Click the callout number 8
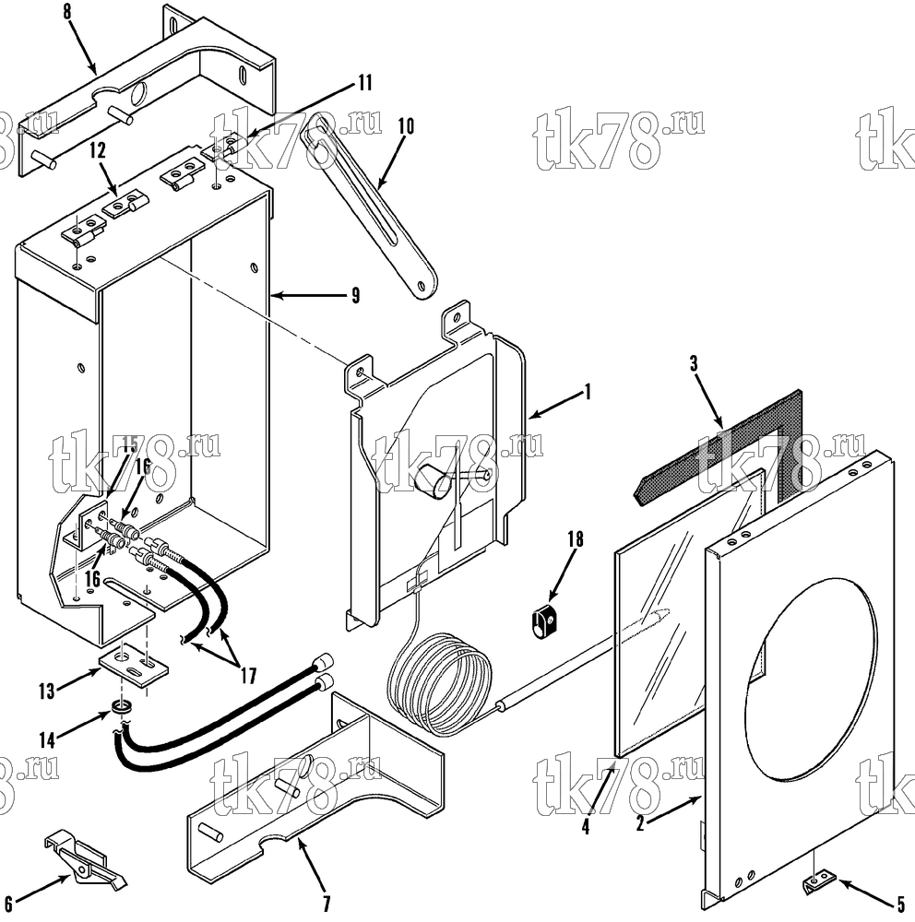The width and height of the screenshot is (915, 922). pos(67,12)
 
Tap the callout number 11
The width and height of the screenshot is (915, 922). pos(365,82)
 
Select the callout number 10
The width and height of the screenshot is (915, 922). pos(406,125)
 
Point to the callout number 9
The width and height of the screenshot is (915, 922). pos(355,295)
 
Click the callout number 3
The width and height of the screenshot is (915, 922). pos(694,364)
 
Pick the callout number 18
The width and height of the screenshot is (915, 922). pos(576,539)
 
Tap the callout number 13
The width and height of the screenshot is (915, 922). pos(46,691)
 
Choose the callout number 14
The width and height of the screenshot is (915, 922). pos(47,739)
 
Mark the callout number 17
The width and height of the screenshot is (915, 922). pos(249,676)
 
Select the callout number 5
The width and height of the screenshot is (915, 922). pos(901,904)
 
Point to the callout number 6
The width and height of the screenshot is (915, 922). pos(8,904)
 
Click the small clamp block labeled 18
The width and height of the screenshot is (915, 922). pos(545,621)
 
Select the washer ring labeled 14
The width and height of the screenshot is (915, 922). pos(121,709)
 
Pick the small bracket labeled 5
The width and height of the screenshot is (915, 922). pos(819,882)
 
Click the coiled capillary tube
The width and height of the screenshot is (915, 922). pos(438,685)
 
